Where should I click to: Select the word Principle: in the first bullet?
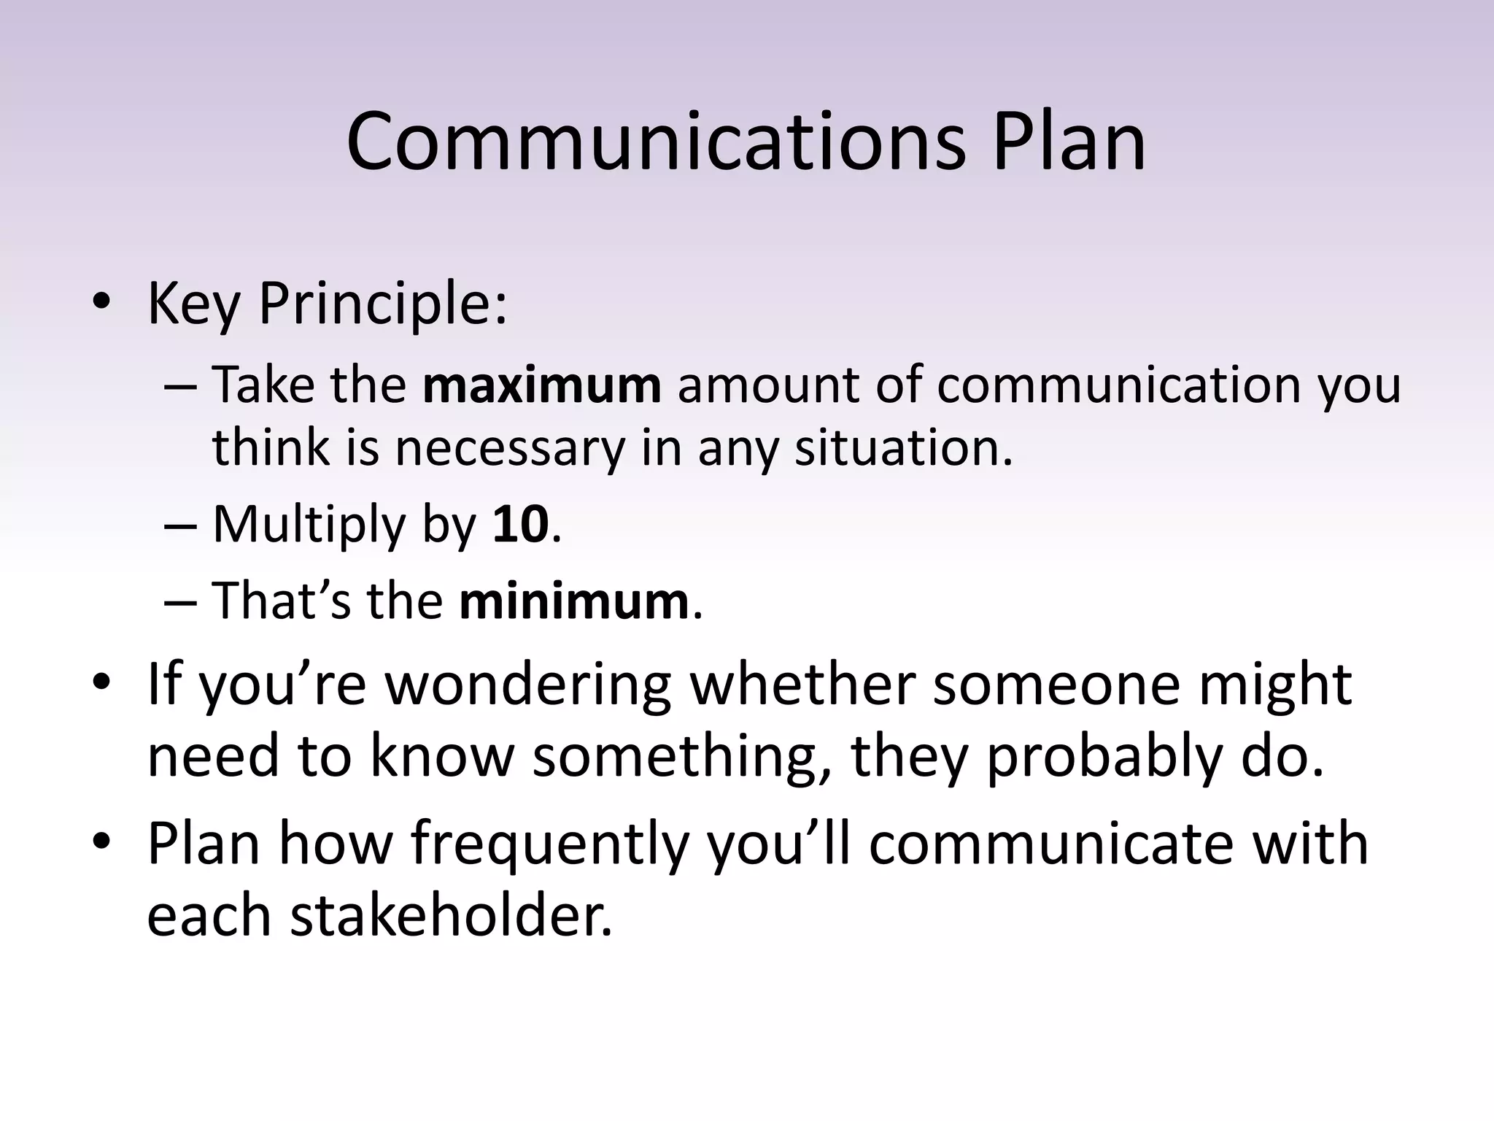(382, 304)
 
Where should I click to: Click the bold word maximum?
(541, 385)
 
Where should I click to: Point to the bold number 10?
(520, 524)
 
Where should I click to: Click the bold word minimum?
(573, 601)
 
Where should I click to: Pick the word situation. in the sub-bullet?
(904, 447)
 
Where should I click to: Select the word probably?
(1104, 757)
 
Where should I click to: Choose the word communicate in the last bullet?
(1050, 844)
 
